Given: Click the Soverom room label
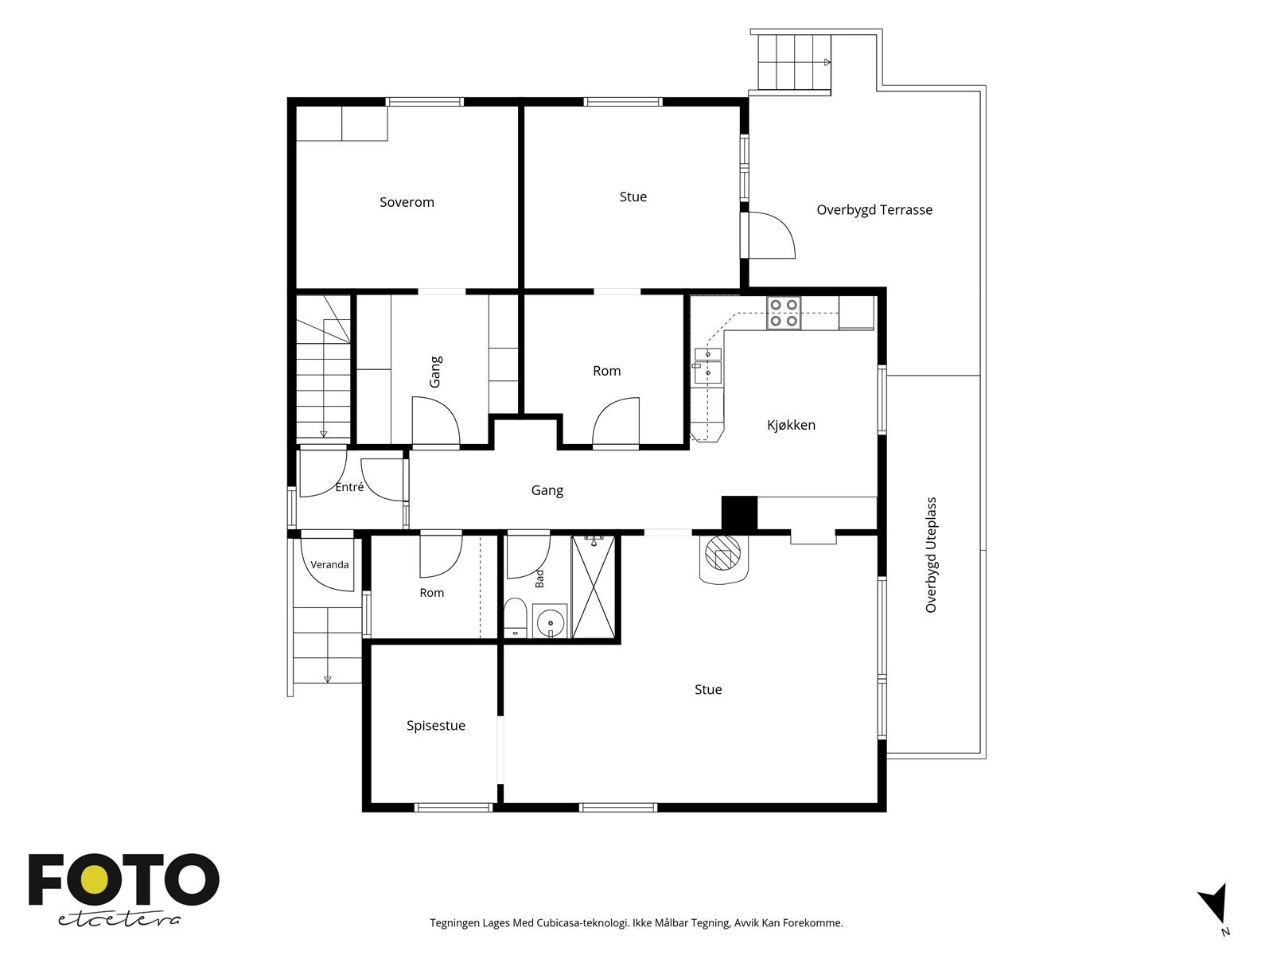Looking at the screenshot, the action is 407,202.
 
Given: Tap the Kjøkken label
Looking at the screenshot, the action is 791,425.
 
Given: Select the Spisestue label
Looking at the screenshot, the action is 435,726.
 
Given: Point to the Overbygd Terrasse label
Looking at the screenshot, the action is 874,210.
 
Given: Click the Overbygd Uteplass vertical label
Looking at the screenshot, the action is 931,555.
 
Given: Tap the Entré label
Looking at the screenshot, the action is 349,487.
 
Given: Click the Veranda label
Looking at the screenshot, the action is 329,565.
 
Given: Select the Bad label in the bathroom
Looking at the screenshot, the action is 540,578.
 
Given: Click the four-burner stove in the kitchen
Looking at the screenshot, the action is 784,313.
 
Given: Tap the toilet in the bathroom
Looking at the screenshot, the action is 514,618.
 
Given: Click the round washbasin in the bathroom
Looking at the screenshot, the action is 550,622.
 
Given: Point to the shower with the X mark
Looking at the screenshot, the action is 593,587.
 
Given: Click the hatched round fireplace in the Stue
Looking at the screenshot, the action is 723,552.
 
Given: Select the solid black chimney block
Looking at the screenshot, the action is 739,514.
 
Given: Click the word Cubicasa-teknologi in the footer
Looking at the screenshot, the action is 583,922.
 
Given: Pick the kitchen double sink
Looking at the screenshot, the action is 708,366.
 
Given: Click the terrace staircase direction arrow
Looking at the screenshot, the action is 827,62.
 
